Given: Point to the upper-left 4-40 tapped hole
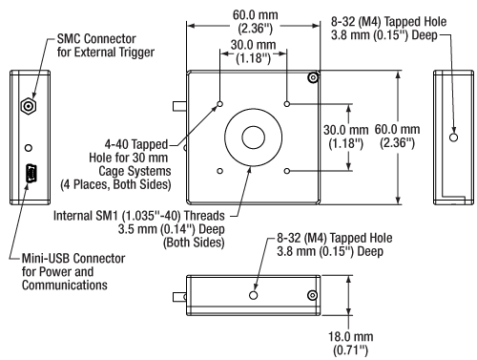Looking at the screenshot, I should [x=220, y=104].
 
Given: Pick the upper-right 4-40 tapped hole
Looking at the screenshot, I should [x=288, y=104].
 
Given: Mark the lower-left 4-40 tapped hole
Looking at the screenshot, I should [x=220, y=172].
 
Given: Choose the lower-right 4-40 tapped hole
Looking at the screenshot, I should [x=288, y=172].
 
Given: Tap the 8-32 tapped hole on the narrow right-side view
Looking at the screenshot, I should [x=453, y=138].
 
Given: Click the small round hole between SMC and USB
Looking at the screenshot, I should [x=31, y=148].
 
